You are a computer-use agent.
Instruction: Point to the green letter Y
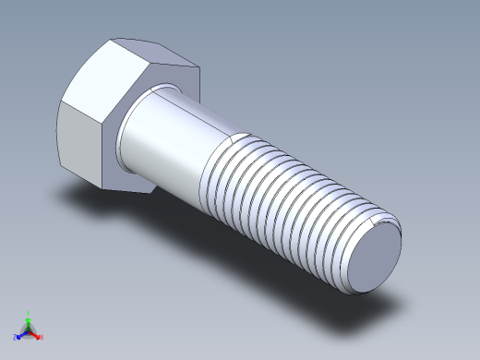(29, 313)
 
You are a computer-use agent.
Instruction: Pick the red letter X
(42, 336)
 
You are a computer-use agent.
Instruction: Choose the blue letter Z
(16, 337)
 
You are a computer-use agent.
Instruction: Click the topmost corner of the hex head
(114, 39)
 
